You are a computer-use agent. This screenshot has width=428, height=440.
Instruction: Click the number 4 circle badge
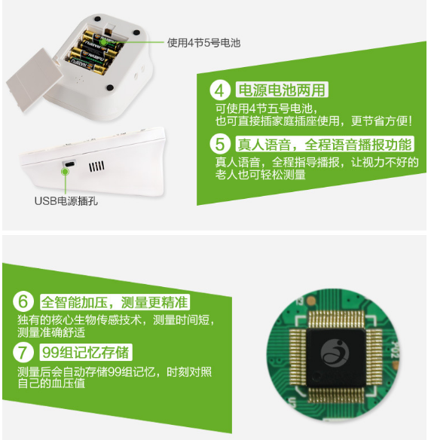[x=219, y=91]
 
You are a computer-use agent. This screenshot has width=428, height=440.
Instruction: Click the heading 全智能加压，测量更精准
[x=115, y=303]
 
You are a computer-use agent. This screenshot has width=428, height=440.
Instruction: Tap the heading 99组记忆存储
[x=84, y=352]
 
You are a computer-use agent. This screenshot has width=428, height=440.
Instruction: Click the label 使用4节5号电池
[x=203, y=42]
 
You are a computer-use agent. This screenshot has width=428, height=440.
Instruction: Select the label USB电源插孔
[x=66, y=200]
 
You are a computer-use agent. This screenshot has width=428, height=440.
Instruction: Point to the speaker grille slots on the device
[x=96, y=166]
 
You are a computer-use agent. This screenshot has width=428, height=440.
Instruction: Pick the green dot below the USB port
[x=66, y=173]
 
